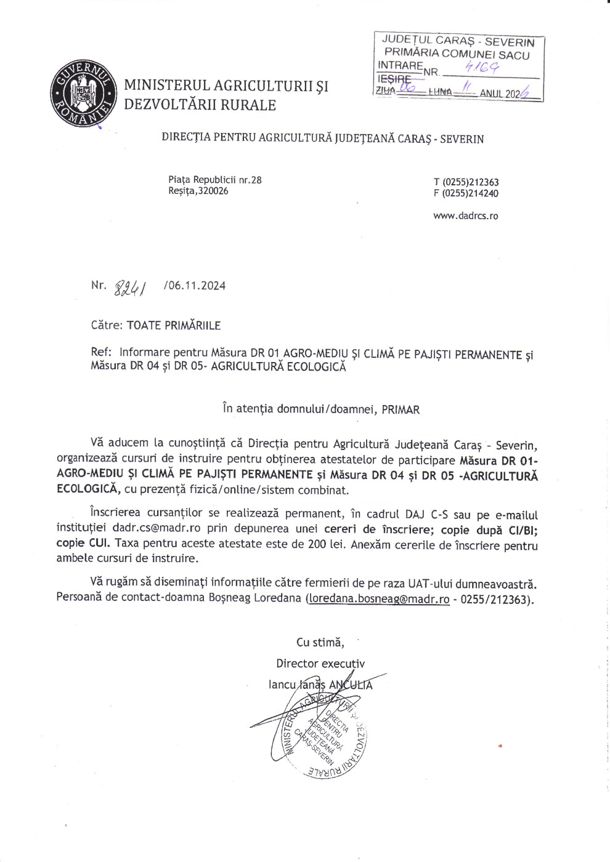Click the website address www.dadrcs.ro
465,216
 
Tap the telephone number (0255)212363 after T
471,182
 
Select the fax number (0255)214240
471,193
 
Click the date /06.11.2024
195,286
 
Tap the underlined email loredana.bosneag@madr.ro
378,598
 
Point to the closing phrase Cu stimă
320,642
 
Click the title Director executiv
320,664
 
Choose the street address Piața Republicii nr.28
214,180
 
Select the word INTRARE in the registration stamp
399,65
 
